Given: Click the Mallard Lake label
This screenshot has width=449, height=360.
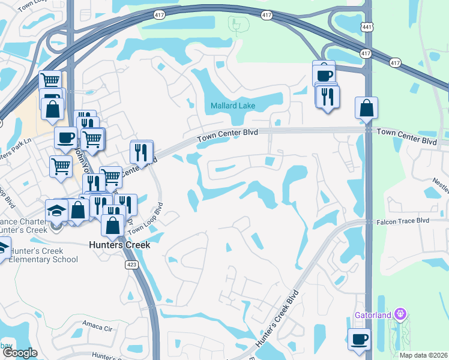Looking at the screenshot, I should tap(233, 106).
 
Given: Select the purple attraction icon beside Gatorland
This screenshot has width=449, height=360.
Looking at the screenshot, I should tap(401, 314).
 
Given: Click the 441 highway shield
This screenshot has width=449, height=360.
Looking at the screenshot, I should tap(367, 26).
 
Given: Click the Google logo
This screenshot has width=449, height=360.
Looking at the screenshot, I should tap(20, 353).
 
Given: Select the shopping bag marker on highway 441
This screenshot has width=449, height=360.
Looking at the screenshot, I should tap(366, 109).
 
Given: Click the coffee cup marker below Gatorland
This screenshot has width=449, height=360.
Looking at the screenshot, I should tap(360, 339).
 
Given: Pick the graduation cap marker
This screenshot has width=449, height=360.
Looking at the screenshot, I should tap(56, 211).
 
